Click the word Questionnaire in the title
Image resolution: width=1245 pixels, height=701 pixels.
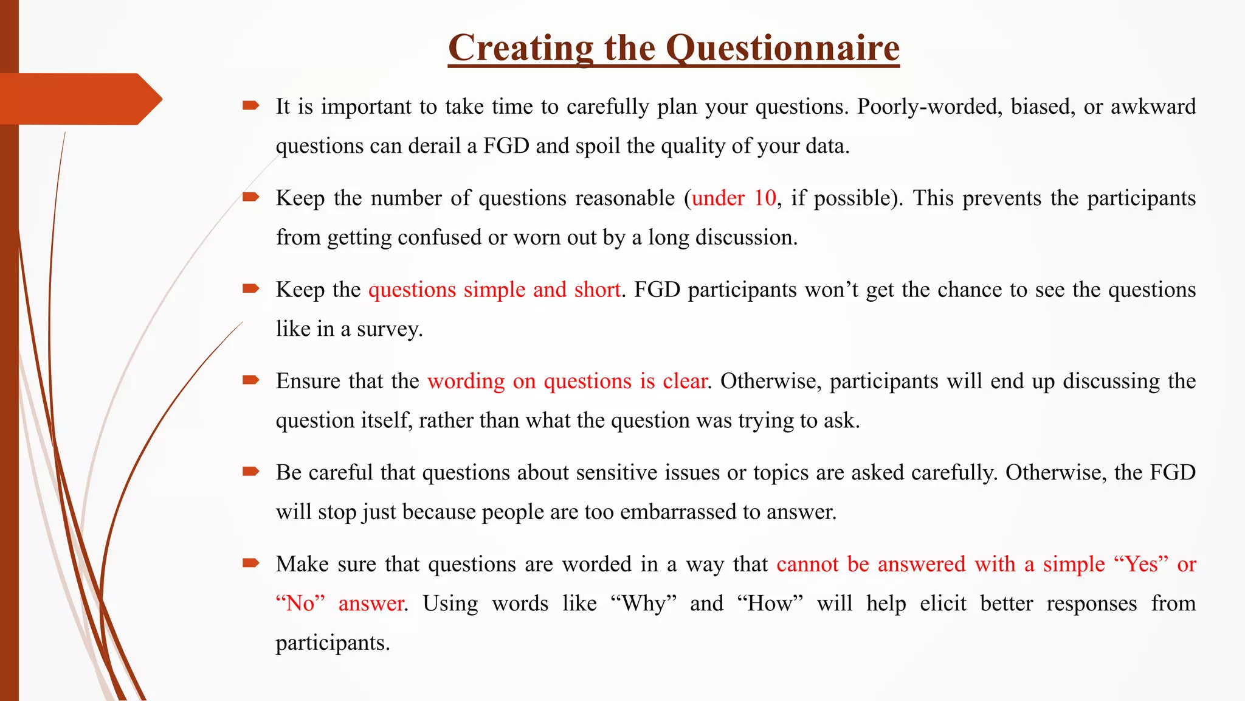(x=782, y=48)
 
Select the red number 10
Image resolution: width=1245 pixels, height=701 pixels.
(x=765, y=198)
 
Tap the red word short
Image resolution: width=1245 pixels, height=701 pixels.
(x=598, y=290)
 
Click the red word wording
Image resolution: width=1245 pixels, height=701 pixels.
(x=466, y=382)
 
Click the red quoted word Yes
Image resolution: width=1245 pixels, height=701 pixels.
(x=1141, y=564)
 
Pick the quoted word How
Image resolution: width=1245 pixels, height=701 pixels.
(x=770, y=604)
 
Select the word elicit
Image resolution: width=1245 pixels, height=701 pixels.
(x=943, y=604)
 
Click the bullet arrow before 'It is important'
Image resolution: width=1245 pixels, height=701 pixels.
(x=250, y=106)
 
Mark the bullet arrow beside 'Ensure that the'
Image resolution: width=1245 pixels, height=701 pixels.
(x=250, y=380)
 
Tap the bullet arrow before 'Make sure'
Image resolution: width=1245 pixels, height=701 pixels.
(x=250, y=563)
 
